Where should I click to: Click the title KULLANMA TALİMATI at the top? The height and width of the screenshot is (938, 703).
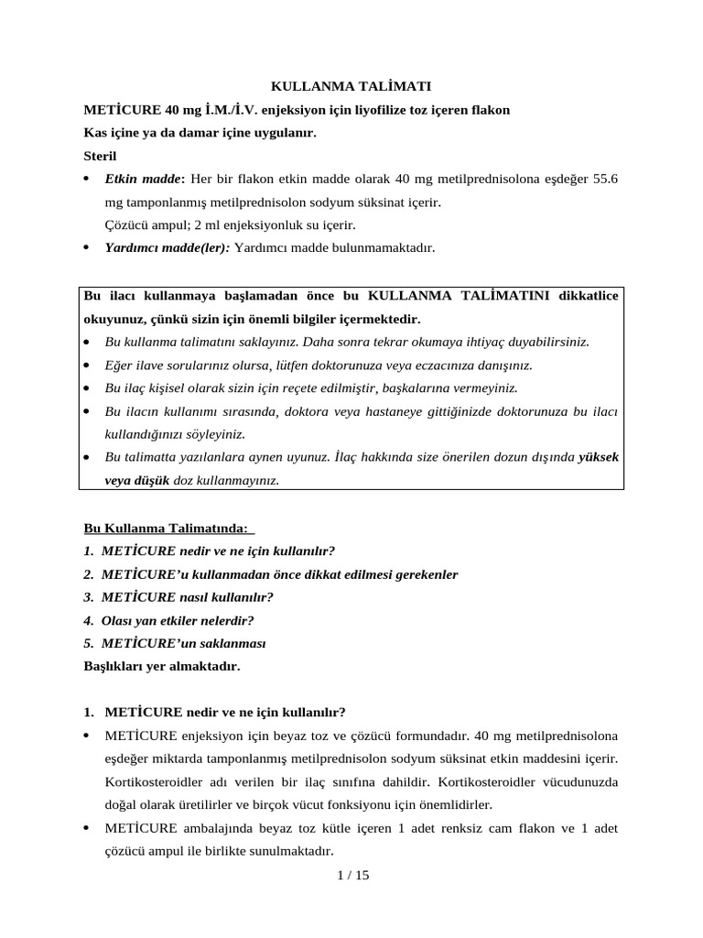(351, 86)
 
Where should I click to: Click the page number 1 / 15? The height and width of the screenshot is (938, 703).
(352, 875)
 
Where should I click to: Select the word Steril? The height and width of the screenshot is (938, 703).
(100, 156)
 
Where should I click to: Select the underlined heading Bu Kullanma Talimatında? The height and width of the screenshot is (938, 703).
(169, 529)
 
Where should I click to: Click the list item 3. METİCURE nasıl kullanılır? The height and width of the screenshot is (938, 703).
(178, 597)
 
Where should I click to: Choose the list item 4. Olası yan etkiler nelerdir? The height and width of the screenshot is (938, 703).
(168, 620)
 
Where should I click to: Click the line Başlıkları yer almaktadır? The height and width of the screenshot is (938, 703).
(161, 666)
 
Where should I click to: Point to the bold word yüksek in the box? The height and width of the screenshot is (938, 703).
(600, 456)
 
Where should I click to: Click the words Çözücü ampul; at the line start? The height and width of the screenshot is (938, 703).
(144, 224)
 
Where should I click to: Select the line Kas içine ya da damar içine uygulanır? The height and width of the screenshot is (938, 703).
(200, 133)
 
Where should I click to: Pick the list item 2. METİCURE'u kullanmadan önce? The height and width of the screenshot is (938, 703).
(270, 574)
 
